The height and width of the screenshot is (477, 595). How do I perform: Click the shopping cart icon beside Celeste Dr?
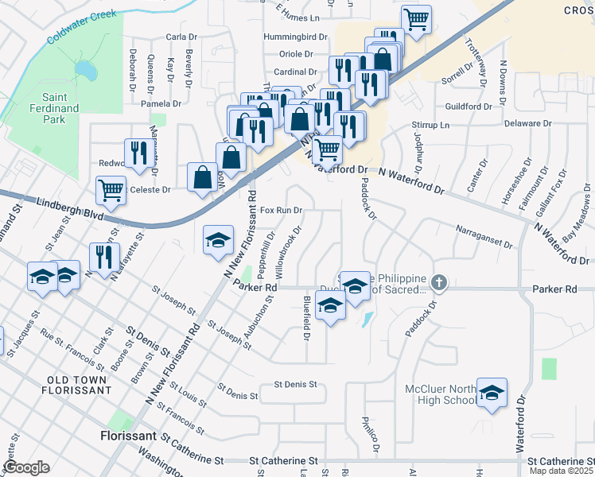111,190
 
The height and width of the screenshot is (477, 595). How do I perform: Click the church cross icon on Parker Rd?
438,282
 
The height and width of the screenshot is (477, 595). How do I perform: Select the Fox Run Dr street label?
282,211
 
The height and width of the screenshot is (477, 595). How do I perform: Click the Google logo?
26,467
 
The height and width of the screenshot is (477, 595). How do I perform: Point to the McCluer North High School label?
441,394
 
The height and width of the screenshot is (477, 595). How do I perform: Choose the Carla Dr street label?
181,37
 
